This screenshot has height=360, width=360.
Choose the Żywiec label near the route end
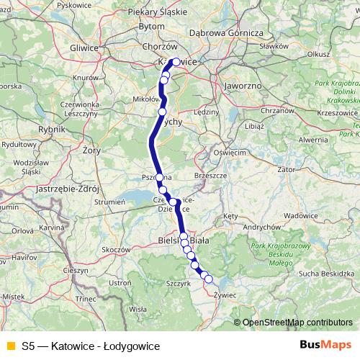[225, 294]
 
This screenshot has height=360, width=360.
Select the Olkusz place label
[318, 53]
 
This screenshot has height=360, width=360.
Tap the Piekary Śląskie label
[156, 12]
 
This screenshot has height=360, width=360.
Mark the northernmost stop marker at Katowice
[175, 62]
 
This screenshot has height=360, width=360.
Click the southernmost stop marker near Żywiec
[209, 279]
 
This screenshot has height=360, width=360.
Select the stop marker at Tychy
[162, 112]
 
